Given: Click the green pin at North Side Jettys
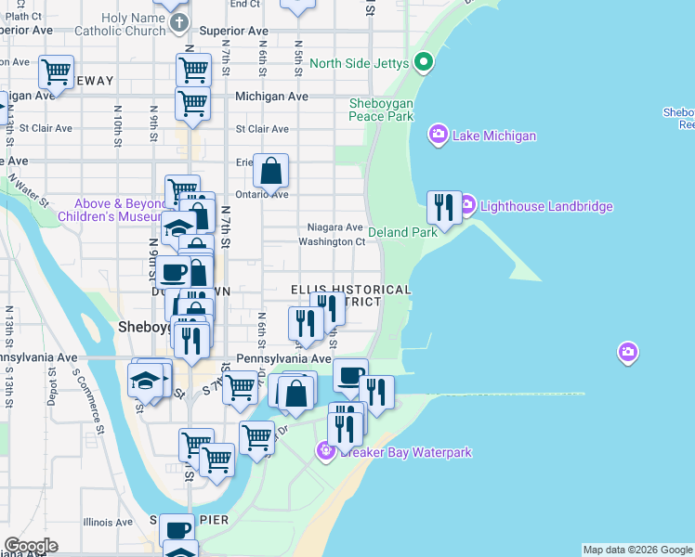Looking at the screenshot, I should coord(424,63).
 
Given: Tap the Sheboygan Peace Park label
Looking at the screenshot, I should coord(381,110).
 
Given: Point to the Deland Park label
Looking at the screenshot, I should coord(402,232).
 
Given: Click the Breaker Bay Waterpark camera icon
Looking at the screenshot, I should coord(325,452).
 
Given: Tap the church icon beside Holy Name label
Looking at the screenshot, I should coord(180,21).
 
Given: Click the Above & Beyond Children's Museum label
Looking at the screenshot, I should coord(111,210).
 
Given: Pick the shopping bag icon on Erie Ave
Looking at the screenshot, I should coord(270,172).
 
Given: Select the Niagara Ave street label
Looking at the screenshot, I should coord(334,227).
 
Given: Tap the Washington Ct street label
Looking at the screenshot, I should coord(332,242).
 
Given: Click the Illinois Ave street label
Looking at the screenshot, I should coord(111,523).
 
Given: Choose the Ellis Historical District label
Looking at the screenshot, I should coord(350,296).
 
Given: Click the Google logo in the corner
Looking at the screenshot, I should coord(31,546).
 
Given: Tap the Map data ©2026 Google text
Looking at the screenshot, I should coord(637,550).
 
